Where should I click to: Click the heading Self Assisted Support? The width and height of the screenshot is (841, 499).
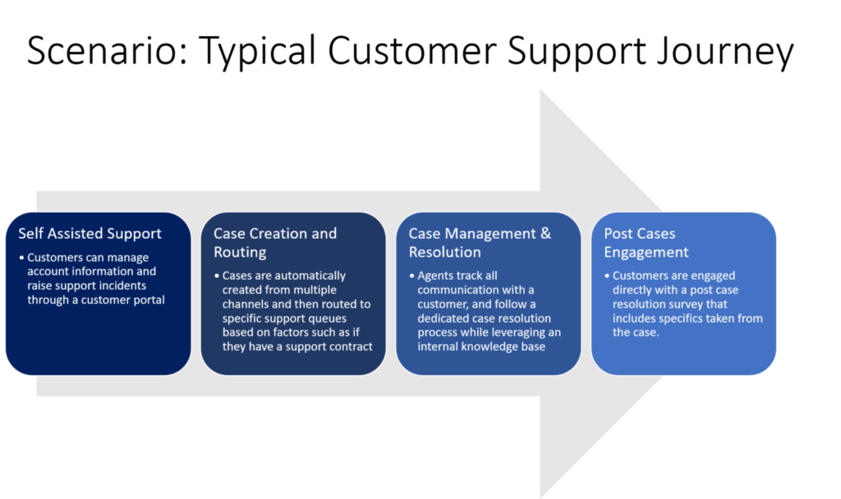pyautogui.click(x=90, y=233)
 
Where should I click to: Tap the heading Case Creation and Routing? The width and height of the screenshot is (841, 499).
pyautogui.click(x=274, y=242)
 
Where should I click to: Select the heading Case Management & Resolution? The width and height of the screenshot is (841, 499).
pyautogui.click(x=480, y=242)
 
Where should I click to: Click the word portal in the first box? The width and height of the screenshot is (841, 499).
pyautogui.click(x=146, y=300)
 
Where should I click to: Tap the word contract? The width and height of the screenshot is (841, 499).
pyautogui.click(x=349, y=346)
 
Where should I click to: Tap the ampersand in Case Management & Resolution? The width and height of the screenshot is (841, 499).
pyautogui.click(x=544, y=233)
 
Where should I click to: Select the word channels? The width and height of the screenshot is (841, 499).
pyautogui.click(x=246, y=304)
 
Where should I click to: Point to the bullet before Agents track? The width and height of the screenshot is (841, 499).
pyautogui.click(x=411, y=276)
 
